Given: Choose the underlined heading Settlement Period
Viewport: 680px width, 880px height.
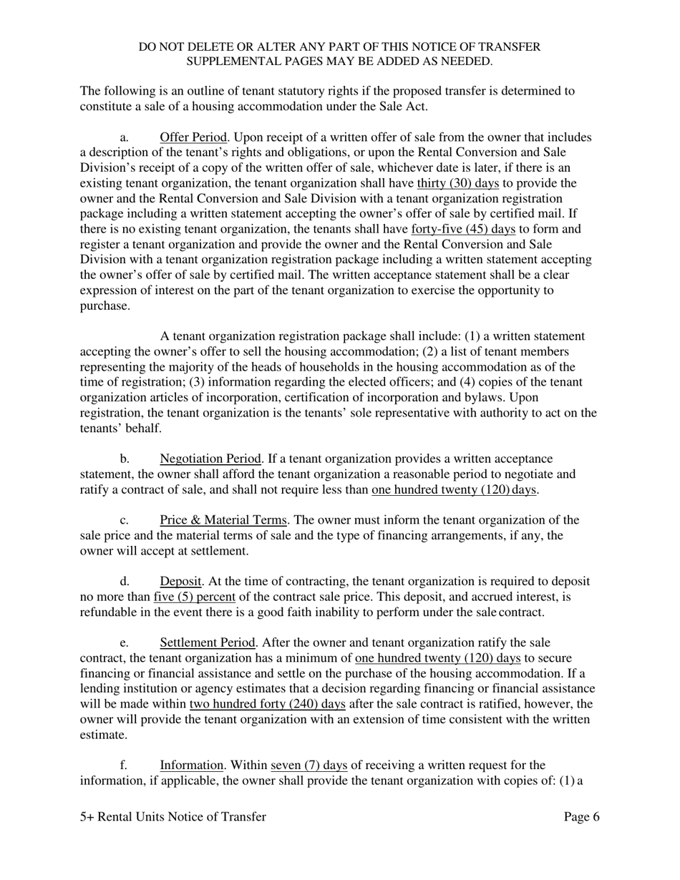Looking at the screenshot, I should pos(207,642).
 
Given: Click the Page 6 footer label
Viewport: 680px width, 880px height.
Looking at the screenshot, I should pos(581,817).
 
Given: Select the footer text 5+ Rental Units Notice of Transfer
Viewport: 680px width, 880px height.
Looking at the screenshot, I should pos(173,817).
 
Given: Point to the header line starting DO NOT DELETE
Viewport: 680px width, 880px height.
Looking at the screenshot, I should pos(339,47).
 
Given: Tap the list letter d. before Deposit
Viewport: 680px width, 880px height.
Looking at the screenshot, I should pos(124,582).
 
